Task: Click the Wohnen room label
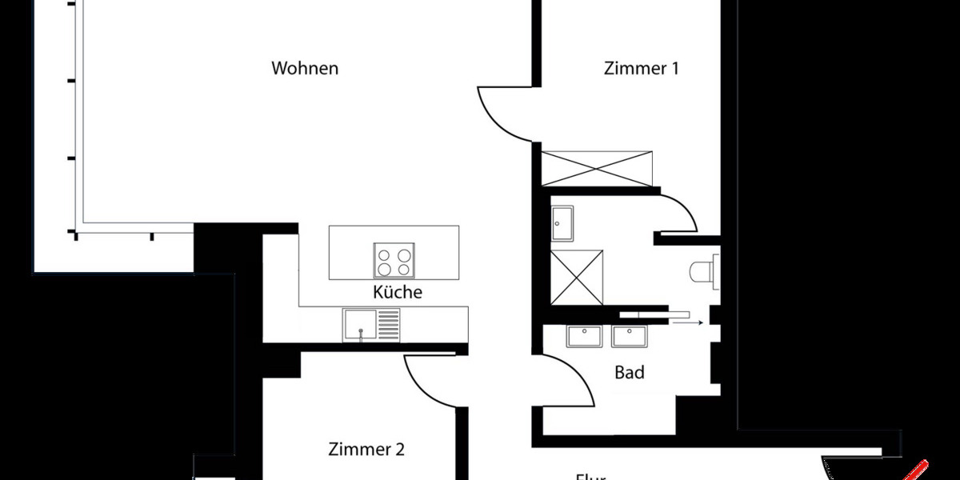tap(305, 69)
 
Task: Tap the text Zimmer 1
tap(641, 69)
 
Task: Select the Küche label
tap(397, 292)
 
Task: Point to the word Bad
tap(630, 372)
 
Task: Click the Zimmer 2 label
tap(366, 450)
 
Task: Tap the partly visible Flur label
tap(590, 476)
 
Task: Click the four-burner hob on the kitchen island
tap(394, 259)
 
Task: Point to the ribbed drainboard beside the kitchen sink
tap(388, 326)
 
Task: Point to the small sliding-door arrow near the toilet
tap(687, 322)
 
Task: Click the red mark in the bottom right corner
tap(918, 470)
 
